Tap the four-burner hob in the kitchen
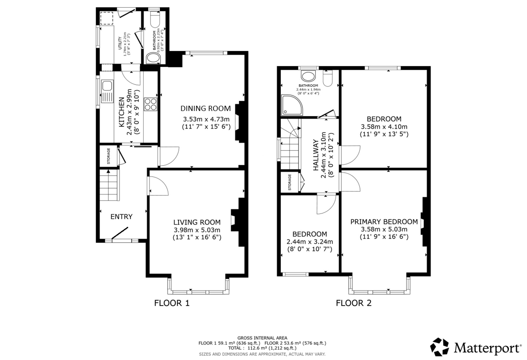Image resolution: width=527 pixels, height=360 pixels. coord(150,104)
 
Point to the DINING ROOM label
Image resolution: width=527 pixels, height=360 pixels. coord(206,109)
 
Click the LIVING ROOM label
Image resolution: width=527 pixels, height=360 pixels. coord(197,222)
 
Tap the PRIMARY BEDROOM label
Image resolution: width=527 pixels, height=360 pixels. coord(384,222)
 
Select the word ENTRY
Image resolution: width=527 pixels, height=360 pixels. coord(121,217)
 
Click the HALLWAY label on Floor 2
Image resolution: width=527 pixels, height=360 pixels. coord(316,155)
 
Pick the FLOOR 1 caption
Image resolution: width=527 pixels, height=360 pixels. coord(172,303)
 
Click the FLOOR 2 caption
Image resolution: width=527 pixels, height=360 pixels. coord(354,303)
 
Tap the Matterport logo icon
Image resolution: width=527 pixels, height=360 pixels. coord(439,347)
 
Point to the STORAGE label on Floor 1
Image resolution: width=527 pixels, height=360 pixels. coord(109,156)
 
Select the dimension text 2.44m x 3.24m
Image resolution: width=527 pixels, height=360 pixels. coord(310,242)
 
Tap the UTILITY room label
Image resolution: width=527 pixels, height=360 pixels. coord(120,43)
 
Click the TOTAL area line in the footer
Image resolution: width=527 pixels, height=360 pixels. coord(262,348)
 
